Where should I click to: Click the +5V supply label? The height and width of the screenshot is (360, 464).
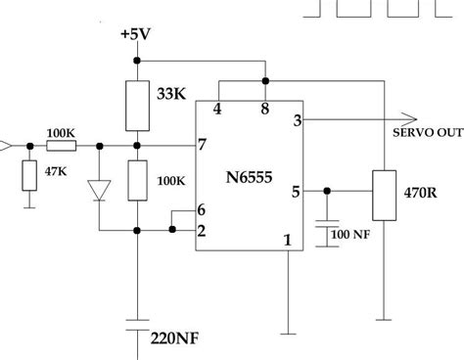coord(136,35)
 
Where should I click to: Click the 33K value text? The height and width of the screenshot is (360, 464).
coord(170,96)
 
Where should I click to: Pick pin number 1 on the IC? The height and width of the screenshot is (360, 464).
coord(287,239)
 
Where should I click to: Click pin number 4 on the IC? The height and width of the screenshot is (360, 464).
coord(217,110)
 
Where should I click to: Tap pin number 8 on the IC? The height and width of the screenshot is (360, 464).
coord(265,110)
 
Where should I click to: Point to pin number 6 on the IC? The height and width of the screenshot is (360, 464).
coord(201,210)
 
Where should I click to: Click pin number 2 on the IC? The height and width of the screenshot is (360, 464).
coord(201,231)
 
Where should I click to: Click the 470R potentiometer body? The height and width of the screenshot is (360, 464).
coord(382,196)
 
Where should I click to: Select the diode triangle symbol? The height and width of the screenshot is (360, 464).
coord(98,190)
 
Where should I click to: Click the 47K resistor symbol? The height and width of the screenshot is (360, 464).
coord(29,175)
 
